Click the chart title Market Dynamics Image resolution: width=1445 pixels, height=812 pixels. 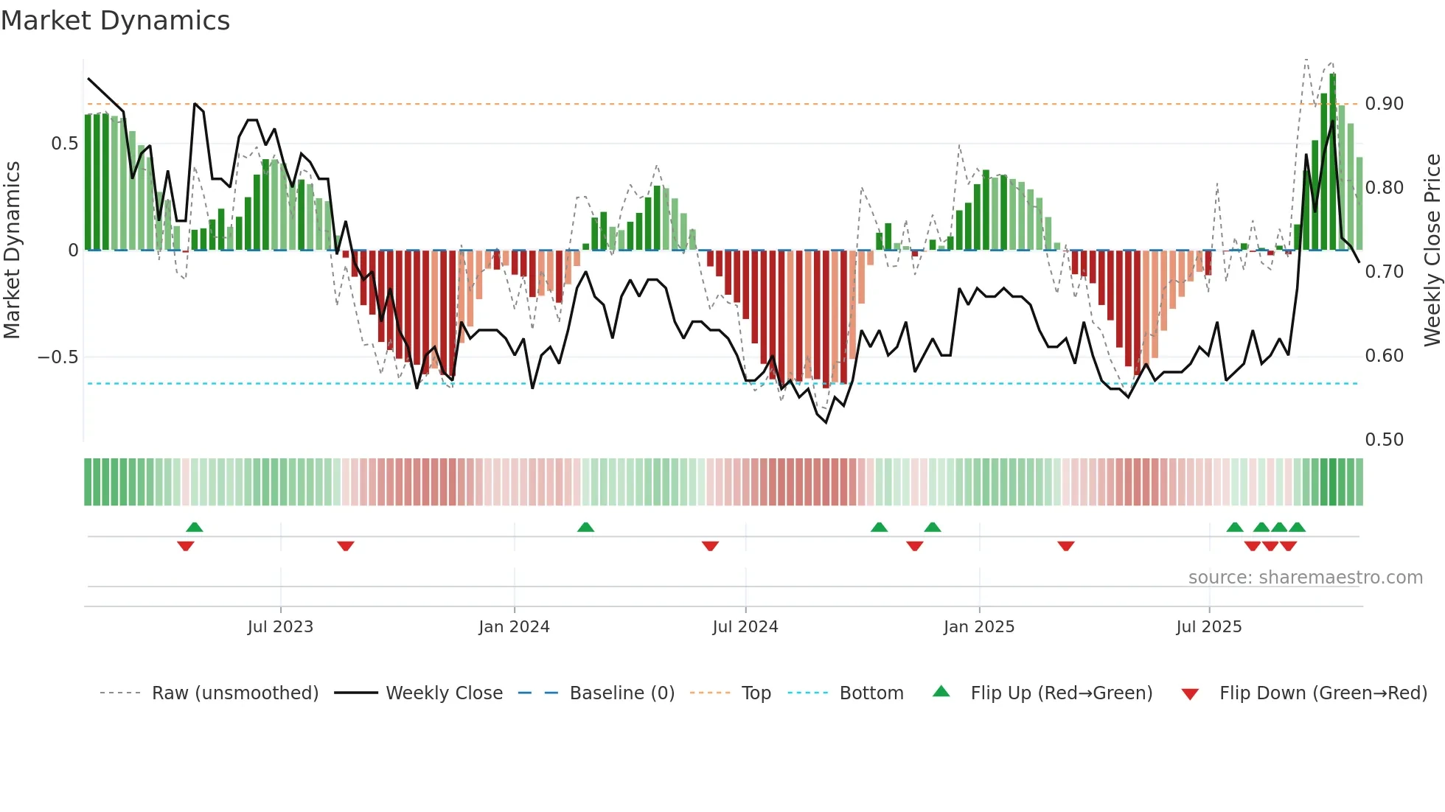(x=115, y=21)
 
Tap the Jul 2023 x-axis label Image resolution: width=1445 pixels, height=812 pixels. (x=280, y=627)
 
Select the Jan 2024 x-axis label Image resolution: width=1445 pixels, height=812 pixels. (x=514, y=627)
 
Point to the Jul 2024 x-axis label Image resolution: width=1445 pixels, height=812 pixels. (x=745, y=627)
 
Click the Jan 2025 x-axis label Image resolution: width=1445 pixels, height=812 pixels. (x=979, y=627)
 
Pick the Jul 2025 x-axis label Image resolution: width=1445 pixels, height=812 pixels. (x=1209, y=627)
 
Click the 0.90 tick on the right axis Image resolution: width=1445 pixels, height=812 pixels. (x=1384, y=104)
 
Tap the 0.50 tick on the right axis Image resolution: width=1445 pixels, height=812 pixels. (x=1384, y=440)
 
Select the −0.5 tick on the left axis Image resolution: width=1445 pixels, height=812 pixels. (x=58, y=357)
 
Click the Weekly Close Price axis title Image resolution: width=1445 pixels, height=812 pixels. (x=1432, y=251)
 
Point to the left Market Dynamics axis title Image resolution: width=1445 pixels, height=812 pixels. (x=12, y=251)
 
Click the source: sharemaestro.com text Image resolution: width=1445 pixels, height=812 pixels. (x=1305, y=578)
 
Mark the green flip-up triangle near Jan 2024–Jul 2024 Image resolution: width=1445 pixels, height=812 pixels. (x=585, y=528)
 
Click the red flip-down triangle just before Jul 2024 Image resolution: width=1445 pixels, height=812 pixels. (x=710, y=546)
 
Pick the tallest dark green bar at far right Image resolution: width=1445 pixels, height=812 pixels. (x=1333, y=162)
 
